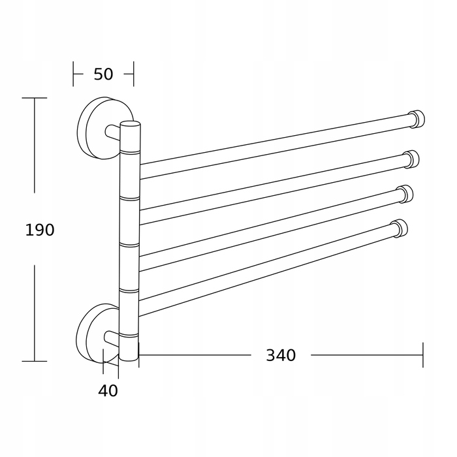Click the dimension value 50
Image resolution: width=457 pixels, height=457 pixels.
(x=103, y=74)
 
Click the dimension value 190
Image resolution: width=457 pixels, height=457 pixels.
(x=40, y=230)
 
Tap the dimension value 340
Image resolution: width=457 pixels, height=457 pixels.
(x=281, y=355)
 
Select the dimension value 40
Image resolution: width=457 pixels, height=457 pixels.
(x=108, y=390)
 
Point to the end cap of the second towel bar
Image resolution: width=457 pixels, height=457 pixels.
(x=411, y=159)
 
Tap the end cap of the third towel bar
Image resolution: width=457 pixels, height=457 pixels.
(x=405, y=194)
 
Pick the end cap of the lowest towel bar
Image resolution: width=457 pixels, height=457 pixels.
(x=400, y=228)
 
